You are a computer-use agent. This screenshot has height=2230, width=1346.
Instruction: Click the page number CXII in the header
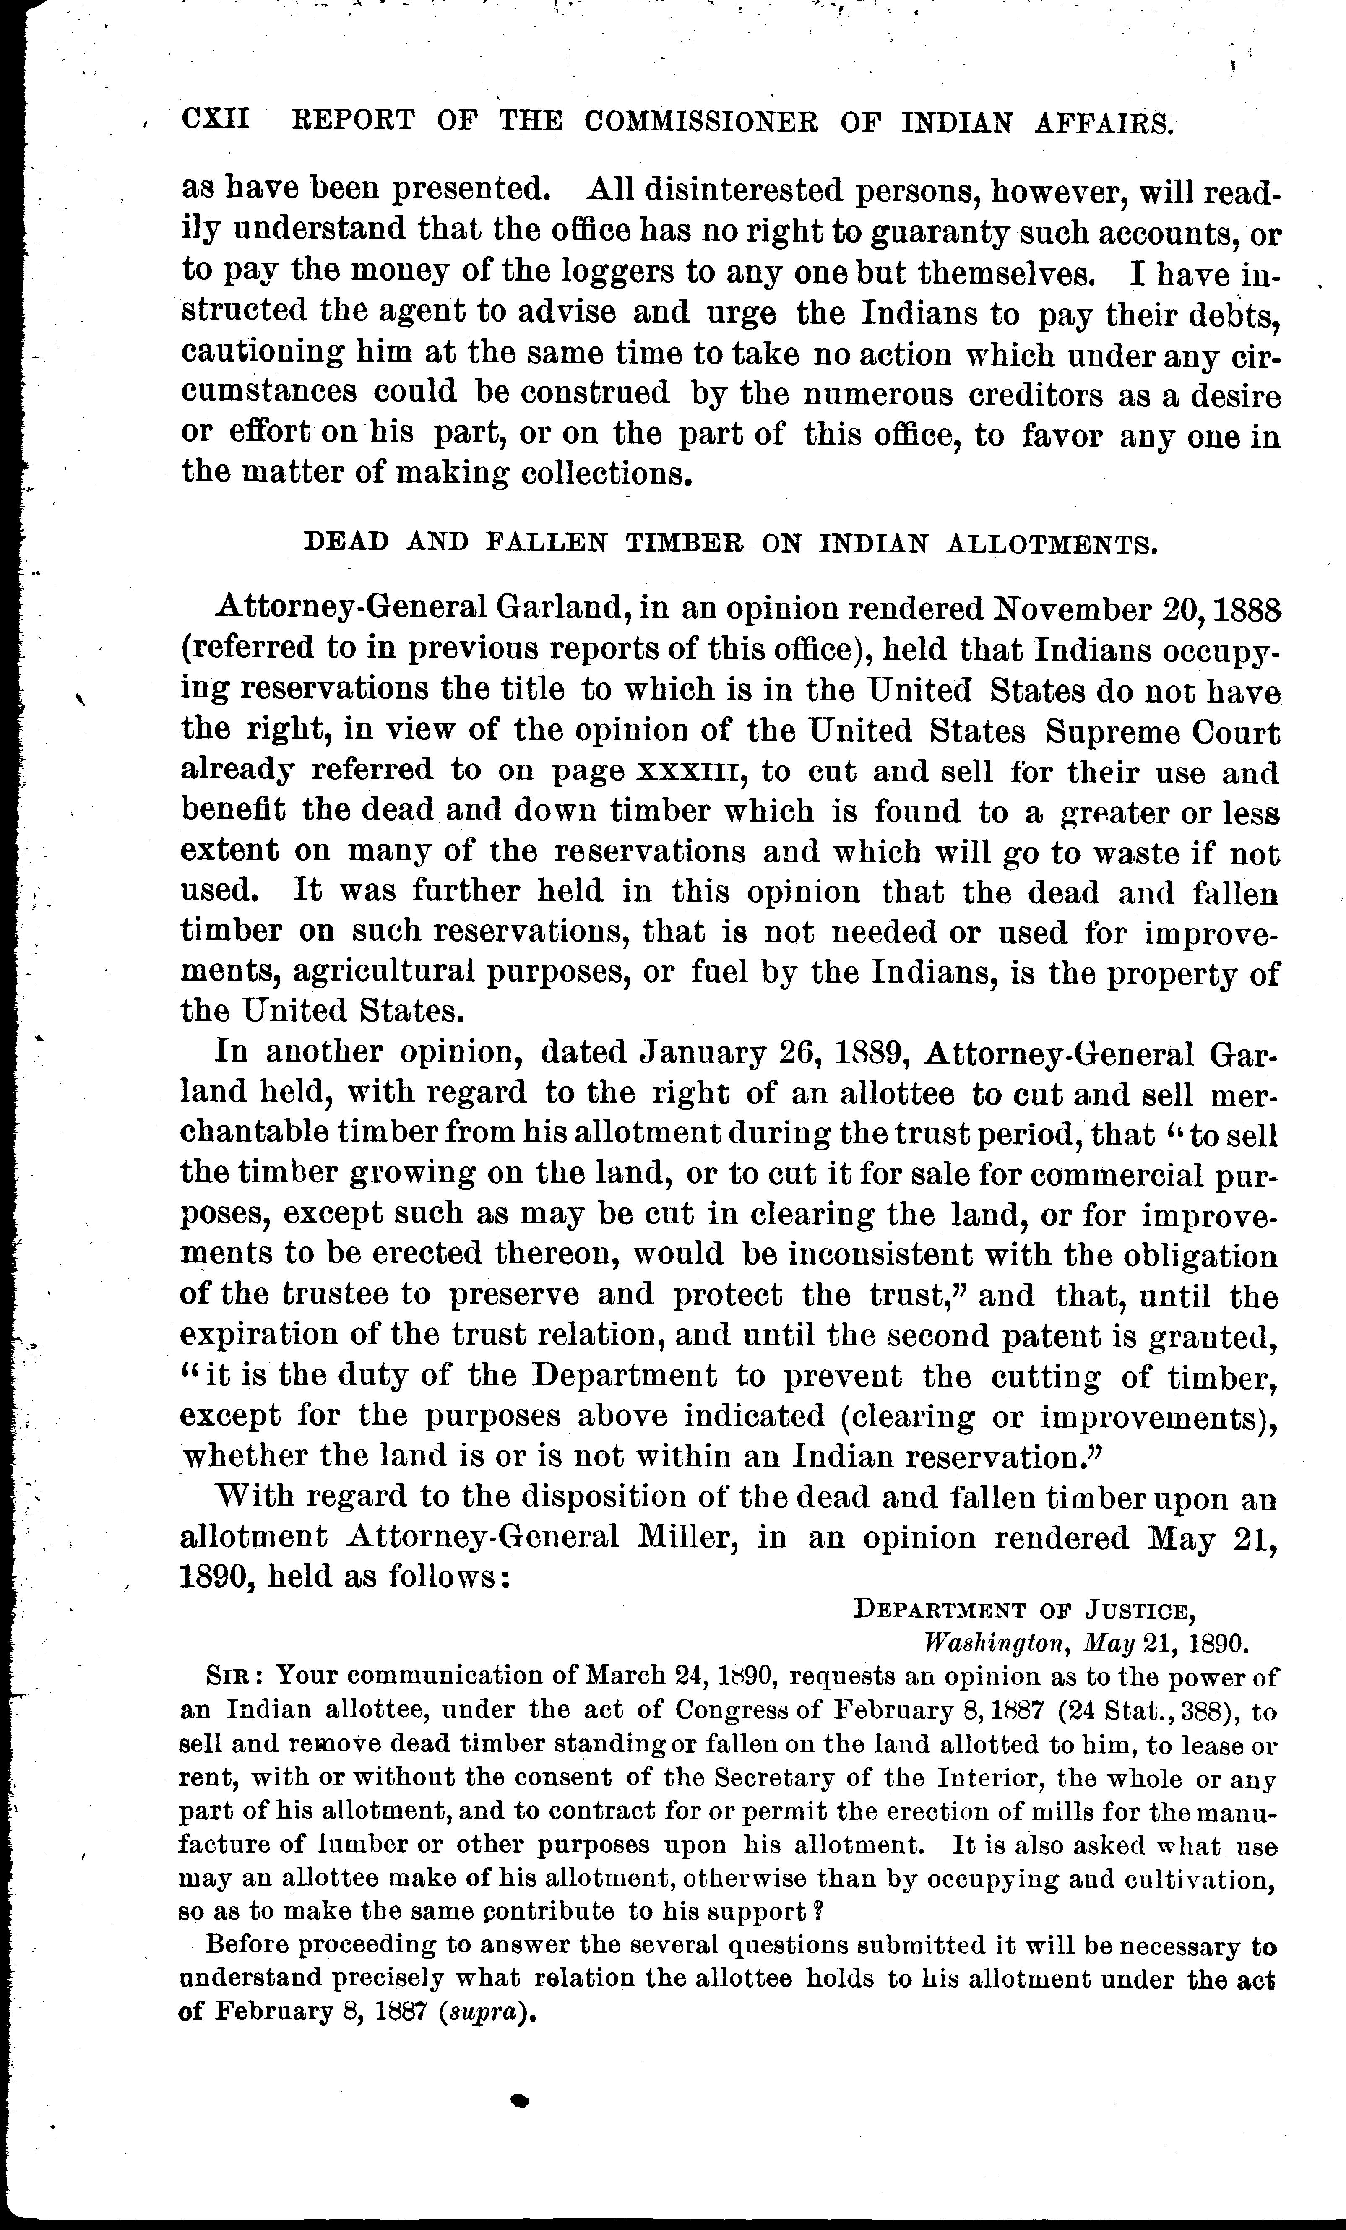[x=216, y=120]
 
